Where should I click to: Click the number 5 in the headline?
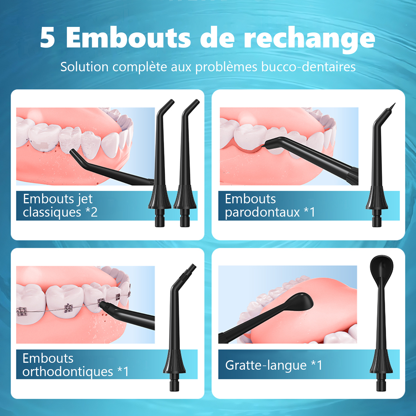tap(47, 37)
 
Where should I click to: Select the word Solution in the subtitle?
tap(84, 67)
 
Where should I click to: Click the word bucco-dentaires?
tap(308, 67)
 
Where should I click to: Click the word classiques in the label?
tap(52, 212)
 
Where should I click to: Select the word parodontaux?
tap(262, 212)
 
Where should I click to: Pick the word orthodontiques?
tap(68, 372)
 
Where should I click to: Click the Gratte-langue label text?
tap(266, 365)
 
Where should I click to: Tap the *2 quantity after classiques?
tap(92, 212)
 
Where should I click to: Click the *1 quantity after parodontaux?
tap(310, 212)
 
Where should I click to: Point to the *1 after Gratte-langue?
tap(316, 365)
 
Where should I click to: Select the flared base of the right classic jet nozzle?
tap(185, 197)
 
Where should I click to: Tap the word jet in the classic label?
tap(85, 199)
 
